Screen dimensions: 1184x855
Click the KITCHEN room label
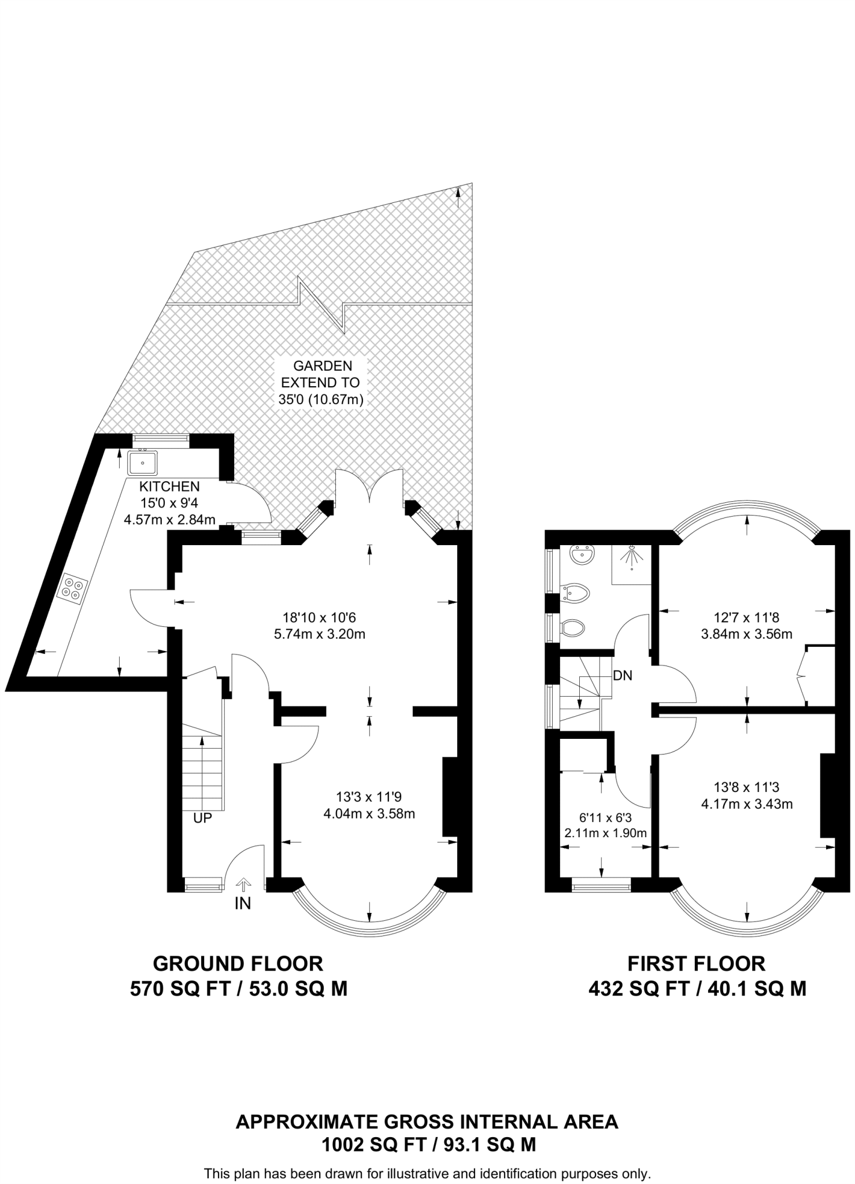(169, 487)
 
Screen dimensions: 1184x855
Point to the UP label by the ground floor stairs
(203, 818)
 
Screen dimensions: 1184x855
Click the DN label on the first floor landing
(623, 675)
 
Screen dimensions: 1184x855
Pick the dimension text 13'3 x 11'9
(369, 797)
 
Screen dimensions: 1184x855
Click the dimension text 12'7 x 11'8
(746, 617)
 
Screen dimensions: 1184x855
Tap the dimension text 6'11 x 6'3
(604, 818)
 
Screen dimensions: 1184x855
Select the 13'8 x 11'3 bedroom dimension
(746, 787)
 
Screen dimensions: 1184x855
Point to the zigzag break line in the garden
(321, 304)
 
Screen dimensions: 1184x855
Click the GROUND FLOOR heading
(238, 964)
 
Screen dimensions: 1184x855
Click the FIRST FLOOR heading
(696, 964)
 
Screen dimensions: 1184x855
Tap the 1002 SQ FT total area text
(428, 1144)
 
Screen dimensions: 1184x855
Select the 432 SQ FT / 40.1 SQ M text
(697, 989)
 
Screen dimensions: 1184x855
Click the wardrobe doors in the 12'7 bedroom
(802, 675)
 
